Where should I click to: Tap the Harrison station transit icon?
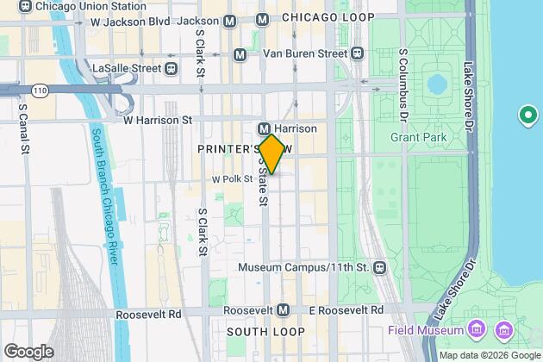[266, 128]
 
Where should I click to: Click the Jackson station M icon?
[229, 20]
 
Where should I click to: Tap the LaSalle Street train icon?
[172, 68]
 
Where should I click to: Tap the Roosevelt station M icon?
[284, 310]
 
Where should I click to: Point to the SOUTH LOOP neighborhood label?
[265, 332]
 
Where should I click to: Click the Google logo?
[28, 352]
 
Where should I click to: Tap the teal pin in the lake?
[525, 115]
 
